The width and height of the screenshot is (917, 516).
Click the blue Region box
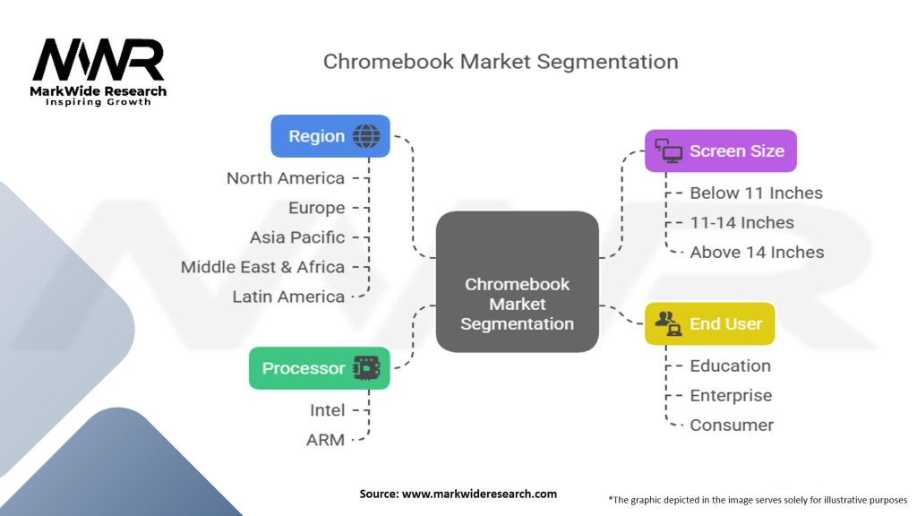pyautogui.click(x=330, y=136)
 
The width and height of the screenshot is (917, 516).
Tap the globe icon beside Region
pyautogui.click(x=366, y=136)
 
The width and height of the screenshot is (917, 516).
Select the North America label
pyautogui.click(x=285, y=178)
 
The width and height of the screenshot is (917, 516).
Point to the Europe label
pyautogui.click(x=316, y=208)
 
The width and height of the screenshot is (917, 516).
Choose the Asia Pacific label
pyautogui.click(x=296, y=237)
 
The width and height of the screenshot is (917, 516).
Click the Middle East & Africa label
pyautogui.click(x=262, y=267)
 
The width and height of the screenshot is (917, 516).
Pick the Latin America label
pyautogui.click(x=287, y=297)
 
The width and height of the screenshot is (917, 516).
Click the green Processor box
pyautogui.click(x=319, y=368)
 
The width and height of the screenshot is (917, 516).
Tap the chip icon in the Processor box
pyautogui.click(x=366, y=368)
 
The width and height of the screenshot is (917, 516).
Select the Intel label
pyautogui.click(x=327, y=410)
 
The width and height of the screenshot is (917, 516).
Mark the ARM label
pyautogui.click(x=325, y=440)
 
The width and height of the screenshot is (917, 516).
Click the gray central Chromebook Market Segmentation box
pyautogui.click(x=517, y=281)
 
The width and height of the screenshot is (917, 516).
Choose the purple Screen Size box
pyautogui.click(x=720, y=150)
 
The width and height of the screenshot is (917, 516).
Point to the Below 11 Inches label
pyautogui.click(x=756, y=193)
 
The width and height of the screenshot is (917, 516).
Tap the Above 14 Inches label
pyautogui.click(x=757, y=253)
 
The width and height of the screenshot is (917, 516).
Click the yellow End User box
pyautogui.click(x=709, y=323)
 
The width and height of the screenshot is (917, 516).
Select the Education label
pyautogui.click(x=730, y=365)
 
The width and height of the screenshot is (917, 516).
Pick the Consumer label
pyautogui.click(x=731, y=425)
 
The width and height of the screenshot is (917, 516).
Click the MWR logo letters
pyautogui.click(x=99, y=61)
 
